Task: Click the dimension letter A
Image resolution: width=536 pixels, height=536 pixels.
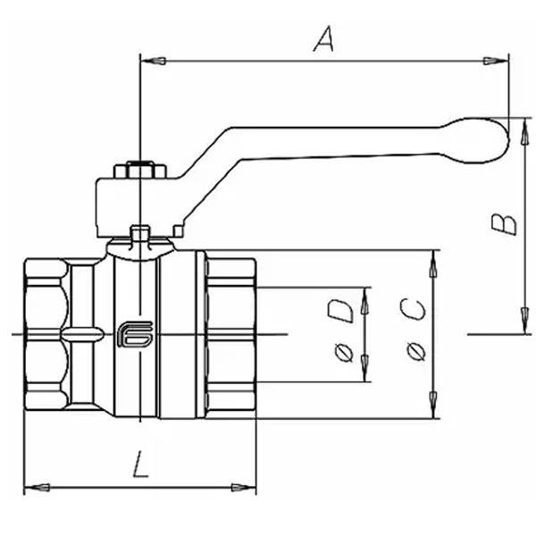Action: click(x=325, y=40)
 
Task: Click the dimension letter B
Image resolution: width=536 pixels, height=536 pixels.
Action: click(x=506, y=221)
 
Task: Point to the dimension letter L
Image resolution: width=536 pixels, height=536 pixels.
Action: click(x=139, y=466)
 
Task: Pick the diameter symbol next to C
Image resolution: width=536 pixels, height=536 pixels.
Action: click(x=415, y=355)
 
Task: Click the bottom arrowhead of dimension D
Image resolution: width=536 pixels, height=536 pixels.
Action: click(x=364, y=373)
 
